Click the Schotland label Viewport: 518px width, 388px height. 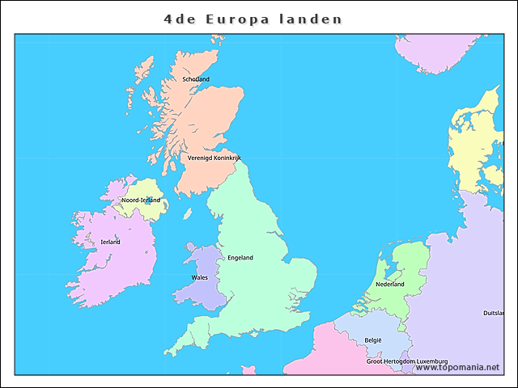(196, 79)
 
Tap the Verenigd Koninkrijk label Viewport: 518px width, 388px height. (214, 158)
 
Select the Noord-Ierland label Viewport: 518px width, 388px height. (140, 200)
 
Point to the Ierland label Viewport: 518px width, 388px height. (110, 242)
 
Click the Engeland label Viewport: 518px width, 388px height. (240, 258)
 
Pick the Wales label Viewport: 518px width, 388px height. (199, 277)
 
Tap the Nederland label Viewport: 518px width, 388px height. (389, 285)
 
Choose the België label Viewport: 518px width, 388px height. (372, 340)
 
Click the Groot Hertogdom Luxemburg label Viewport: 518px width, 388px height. (406, 361)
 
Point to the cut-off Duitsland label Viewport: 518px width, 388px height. (493, 313)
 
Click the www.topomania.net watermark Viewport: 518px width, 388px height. (457, 367)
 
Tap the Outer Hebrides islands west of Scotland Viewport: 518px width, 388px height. (139, 81)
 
